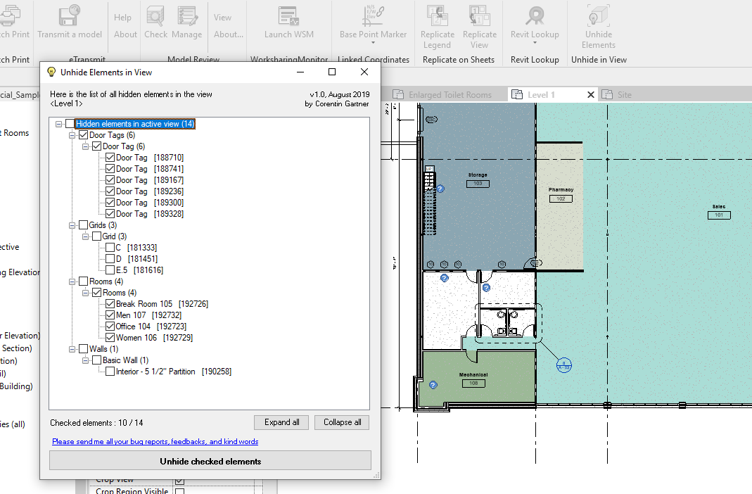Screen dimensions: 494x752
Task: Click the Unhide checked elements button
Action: point(210,461)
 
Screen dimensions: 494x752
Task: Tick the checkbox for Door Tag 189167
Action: point(110,180)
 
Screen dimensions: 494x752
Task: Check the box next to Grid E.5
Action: point(110,270)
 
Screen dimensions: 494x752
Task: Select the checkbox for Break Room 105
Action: point(110,304)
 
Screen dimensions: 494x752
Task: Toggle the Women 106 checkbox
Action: point(110,338)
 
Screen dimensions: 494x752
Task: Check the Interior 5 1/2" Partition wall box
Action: point(110,372)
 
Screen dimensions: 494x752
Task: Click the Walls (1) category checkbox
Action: point(84,349)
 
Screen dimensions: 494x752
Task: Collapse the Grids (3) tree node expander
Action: point(72,225)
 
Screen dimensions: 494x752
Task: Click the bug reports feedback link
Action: point(155,442)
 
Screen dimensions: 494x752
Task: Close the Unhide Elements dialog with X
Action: point(364,72)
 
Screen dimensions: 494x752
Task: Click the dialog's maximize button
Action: point(332,72)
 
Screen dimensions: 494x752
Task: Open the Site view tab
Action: point(625,95)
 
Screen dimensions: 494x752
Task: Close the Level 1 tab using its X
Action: point(591,95)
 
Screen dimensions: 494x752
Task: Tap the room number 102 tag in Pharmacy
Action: point(561,199)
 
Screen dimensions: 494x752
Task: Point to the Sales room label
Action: point(718,207)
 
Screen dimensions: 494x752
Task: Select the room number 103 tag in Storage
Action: point(477,184)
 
